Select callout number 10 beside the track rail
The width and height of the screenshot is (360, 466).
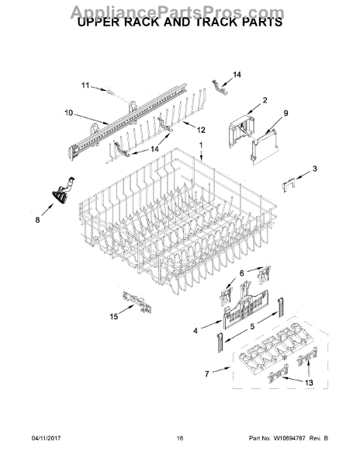click(x=68, y=113)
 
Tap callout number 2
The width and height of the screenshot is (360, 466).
click(x=265, y=100)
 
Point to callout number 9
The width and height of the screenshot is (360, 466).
click(x=286, y=113)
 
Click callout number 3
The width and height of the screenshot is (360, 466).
click(x=314, y=169)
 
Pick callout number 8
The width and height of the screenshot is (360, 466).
click(x=37, y=220)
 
